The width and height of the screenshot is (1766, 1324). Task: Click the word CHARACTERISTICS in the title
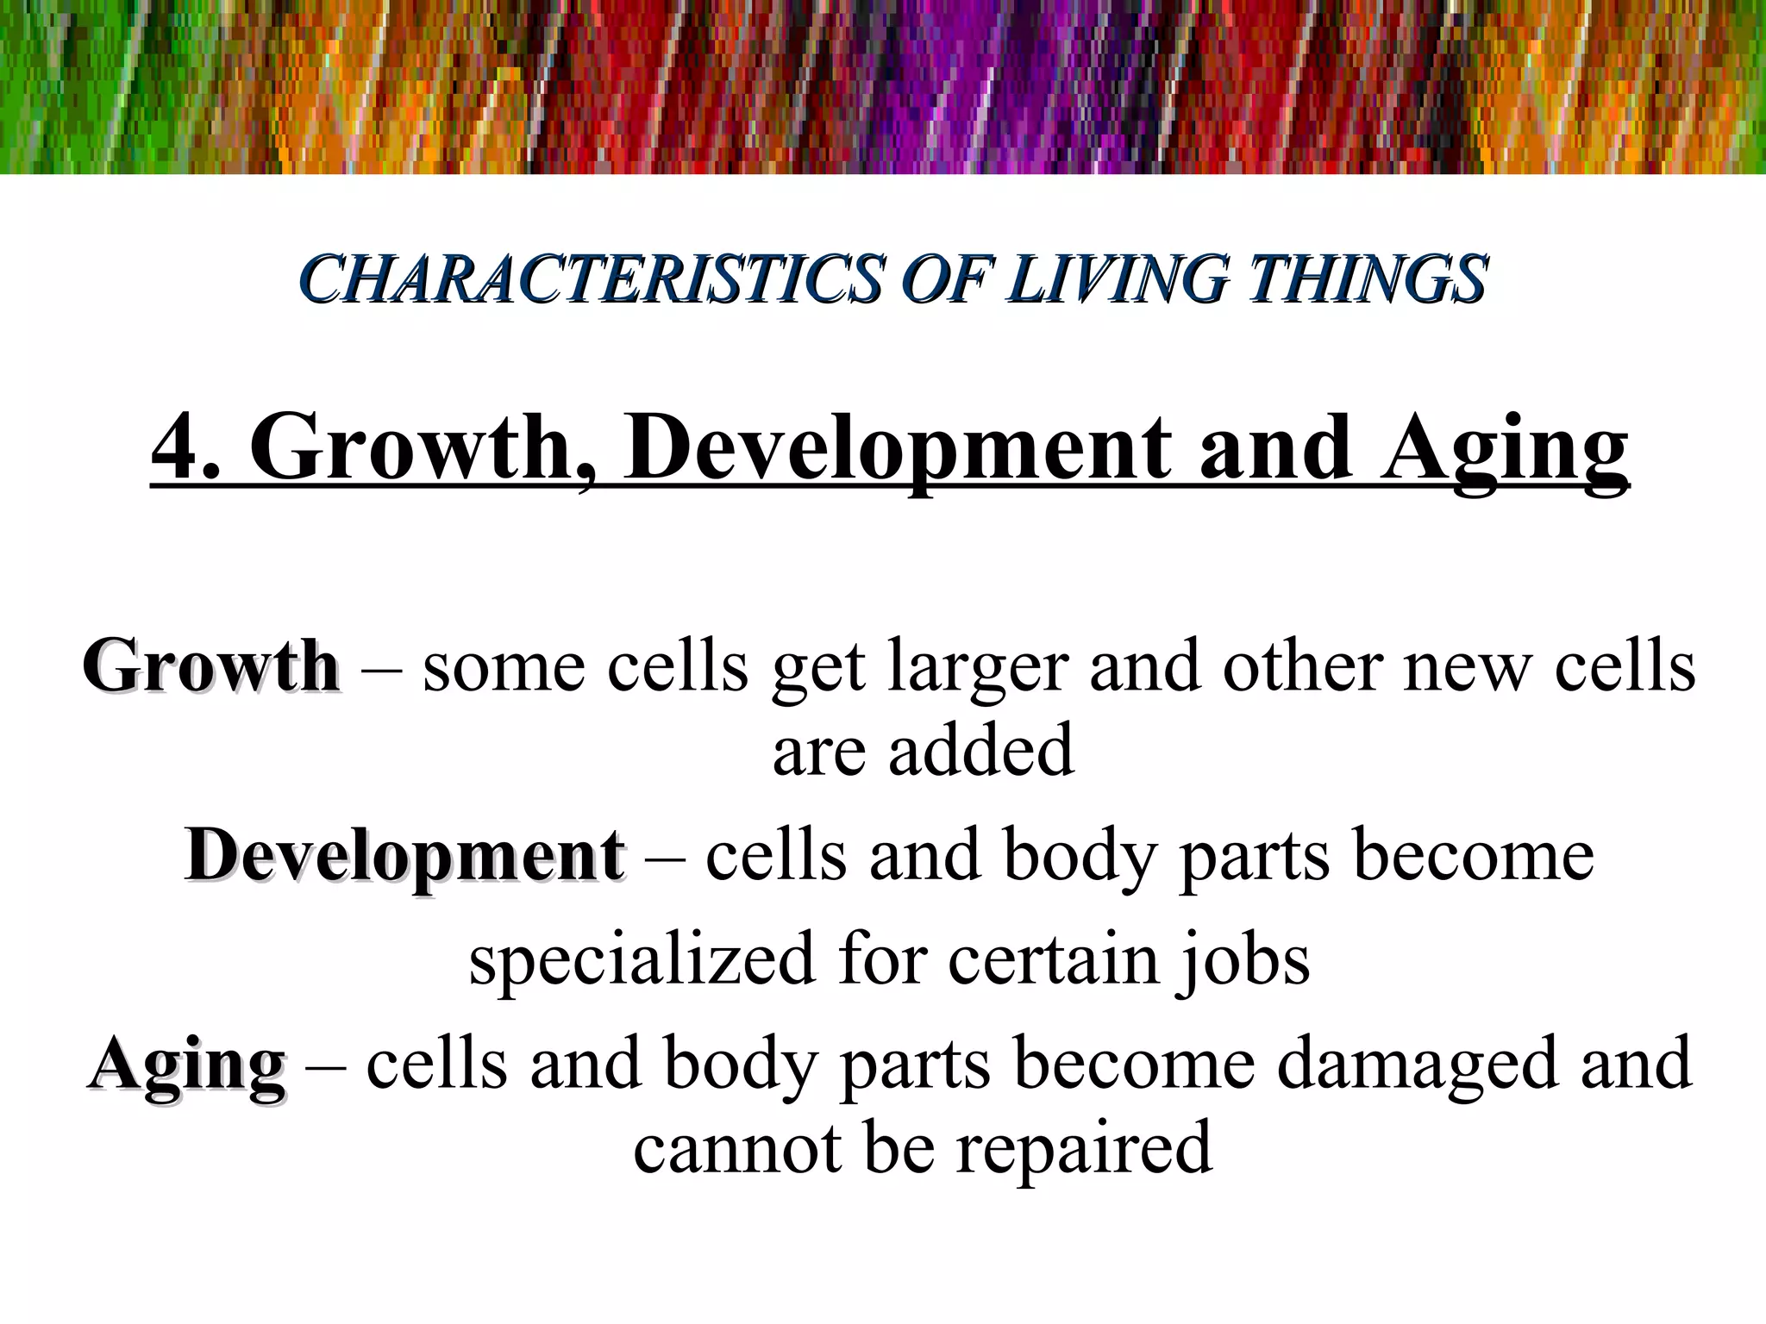pyautogui.click(x=592, y=279)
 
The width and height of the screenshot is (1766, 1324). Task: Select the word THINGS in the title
pyautogui.click(x=1368, y=279)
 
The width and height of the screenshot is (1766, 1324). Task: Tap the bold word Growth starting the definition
pyautogui.click(x=211, y=666)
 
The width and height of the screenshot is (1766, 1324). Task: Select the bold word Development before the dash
pyautogui.click(x=404, y=856)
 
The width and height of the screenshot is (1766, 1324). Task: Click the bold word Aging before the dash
pyautogui.click(x=187, y=1065)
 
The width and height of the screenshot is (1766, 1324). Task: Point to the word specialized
pyautogui.click(x=642, y=959)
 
